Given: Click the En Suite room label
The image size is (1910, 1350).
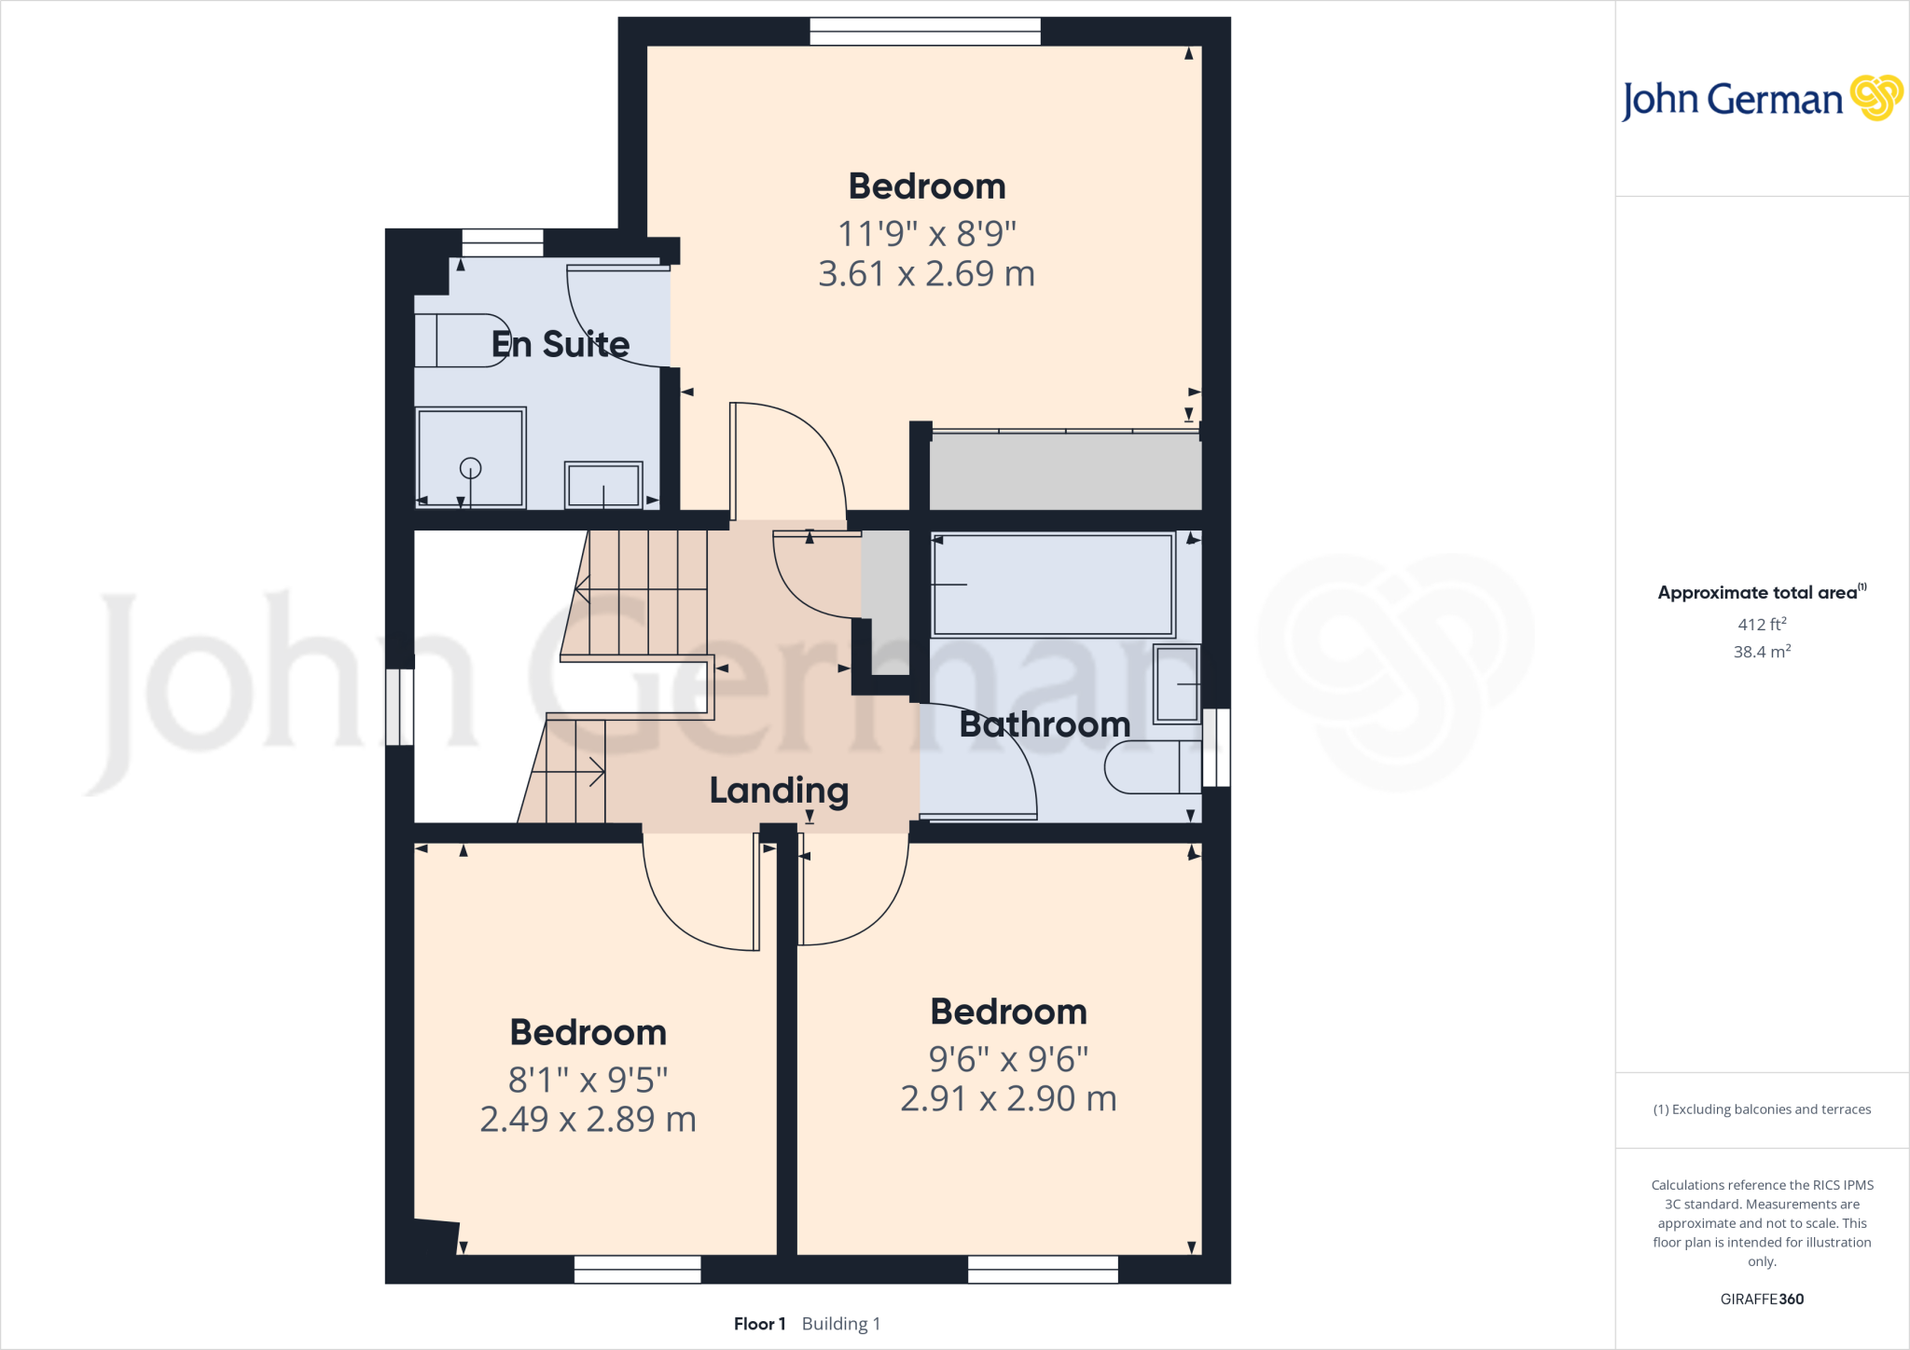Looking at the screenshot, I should pos(560,344).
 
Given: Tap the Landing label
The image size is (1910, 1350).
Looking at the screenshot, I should pos(779,791).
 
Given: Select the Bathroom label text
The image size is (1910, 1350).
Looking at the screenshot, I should pos(1045,724).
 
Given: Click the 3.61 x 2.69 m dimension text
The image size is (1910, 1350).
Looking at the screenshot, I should pos(926,274).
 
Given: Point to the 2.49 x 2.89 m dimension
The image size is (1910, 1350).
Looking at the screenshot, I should pos(588,1119).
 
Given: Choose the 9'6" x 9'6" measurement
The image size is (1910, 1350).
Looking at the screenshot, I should pos(1008,1059).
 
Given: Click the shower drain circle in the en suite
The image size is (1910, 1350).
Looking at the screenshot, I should pos(471,468).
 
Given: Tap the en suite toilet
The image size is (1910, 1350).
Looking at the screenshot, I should pos(461,340).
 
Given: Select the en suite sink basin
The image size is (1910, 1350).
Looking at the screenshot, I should pos(603,485).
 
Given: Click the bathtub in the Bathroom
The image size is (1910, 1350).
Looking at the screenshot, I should pos(1053,585).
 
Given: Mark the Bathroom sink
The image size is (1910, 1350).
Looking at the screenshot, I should pos(1177,683).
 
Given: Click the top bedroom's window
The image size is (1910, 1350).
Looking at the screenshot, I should pos(925,32).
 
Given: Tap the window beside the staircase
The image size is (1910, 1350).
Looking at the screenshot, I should pos(400,707).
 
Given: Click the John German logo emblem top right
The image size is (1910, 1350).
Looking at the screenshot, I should pos(1875,97).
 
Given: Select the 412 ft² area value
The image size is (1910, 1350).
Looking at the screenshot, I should pos(1761,625).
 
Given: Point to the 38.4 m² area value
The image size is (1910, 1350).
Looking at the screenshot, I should pos(1761,652).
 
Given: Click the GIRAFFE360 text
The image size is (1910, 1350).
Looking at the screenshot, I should pos(1761,1299).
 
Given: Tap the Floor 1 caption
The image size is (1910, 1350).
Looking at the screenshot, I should pos(759,1324).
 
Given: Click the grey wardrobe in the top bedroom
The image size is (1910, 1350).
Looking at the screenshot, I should pos(1065,472).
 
